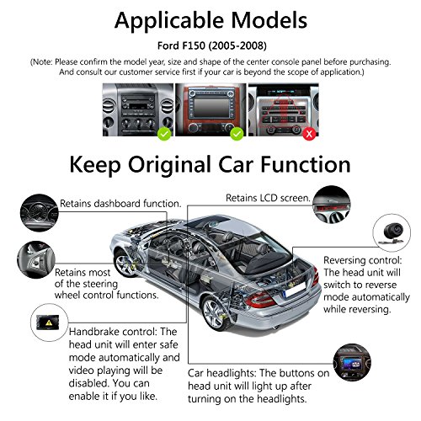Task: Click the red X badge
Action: (309, 134)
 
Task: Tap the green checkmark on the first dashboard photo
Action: (164, 134)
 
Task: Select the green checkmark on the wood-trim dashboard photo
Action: (237, 134)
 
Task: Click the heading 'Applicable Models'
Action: (210, 20)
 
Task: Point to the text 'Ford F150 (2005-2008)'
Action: (212, 45)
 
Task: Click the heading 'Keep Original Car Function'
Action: (210, 165)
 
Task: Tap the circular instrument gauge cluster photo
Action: (40, 213)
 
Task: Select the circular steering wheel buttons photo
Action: (36, 259)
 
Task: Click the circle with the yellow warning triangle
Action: (49, 322)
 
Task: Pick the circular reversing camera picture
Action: (392, 232)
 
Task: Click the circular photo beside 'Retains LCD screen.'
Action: (332, 205)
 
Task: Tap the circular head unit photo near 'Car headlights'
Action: (352, 362)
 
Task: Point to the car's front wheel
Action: (125, 264)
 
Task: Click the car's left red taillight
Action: (260, 300)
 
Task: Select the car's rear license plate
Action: (294, 290)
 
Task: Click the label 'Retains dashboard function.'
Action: (120, 204)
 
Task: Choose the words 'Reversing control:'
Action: (363, 260)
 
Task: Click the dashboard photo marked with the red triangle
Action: (284, 109)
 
